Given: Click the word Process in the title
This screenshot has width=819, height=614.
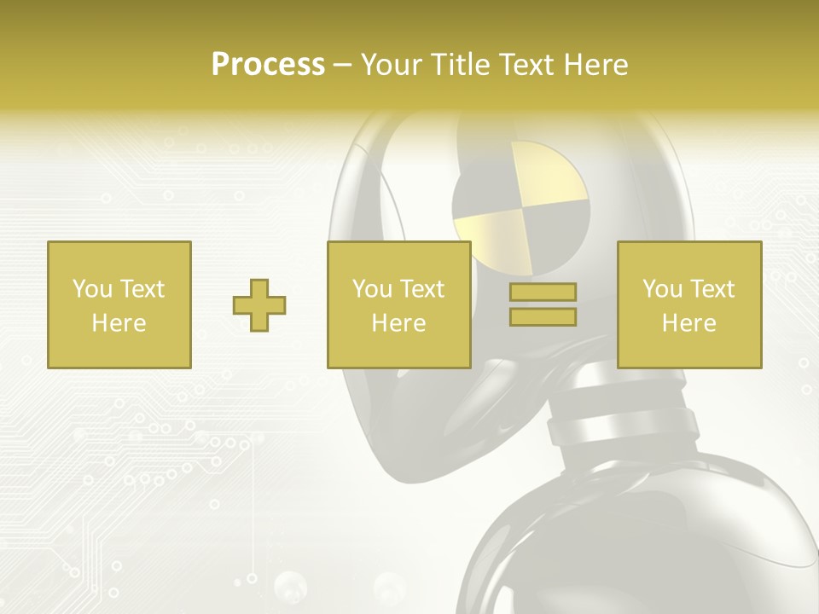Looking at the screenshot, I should (x=268, y=65).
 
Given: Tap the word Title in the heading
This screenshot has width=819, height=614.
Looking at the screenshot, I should (x=460, y=65).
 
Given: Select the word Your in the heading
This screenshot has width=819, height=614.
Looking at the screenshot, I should (x=392, y=65).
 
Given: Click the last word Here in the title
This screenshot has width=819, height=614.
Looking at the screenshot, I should (x=596, y=65).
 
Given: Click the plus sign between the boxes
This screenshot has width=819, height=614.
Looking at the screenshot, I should (x=259, y=304).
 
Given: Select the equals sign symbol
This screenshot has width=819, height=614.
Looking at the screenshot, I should (x=543, y=304).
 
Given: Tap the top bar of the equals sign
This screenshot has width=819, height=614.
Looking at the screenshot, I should (x=543, y=293).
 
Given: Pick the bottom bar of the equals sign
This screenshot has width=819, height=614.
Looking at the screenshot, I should (x=543, y=317).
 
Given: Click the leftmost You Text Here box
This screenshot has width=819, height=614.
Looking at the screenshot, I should (x=119, y=304).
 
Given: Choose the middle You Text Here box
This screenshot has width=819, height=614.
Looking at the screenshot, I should (x=399, y=304).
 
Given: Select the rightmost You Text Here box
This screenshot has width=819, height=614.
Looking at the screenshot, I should (x=689, y=304).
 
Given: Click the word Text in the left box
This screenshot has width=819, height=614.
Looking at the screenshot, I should (x=142, y=289).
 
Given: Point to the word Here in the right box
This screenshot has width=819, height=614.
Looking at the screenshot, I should (x=689, y=323).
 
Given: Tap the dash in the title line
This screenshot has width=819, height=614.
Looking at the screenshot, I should (x=343, y=65).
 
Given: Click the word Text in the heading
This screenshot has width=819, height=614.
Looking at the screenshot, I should (x=523, y=65).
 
